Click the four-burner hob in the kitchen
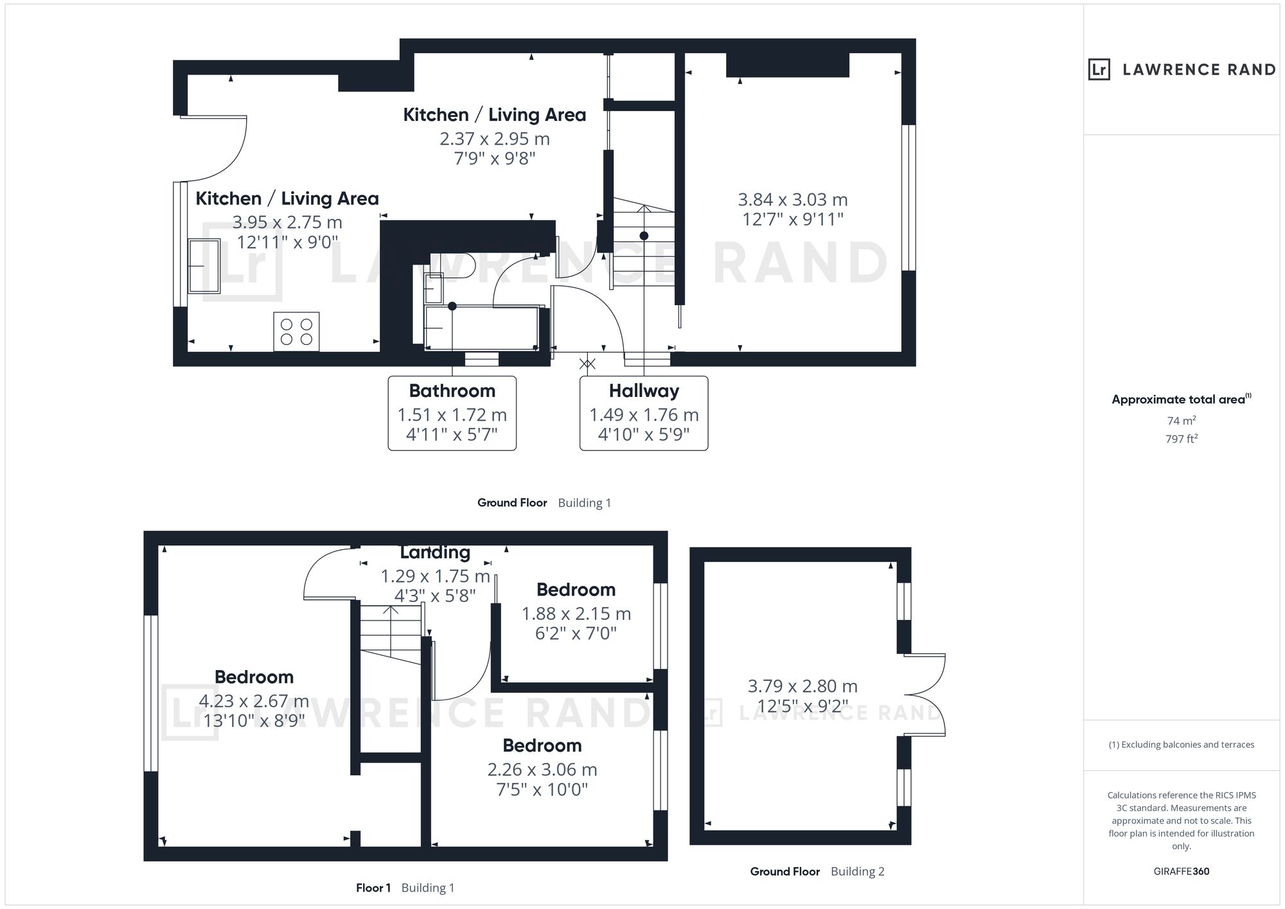click(296, 331)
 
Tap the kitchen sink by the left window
click(204, 266)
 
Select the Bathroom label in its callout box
click(452, 391)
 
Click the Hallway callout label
click(644, 391)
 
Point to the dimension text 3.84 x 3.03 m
click(793, 200)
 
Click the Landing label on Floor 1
click(435, 552)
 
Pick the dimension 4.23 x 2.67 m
click(254, 701)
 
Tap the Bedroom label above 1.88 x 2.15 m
click(576, 590)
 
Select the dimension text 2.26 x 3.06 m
click(542, 770)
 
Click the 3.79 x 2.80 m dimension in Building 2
click(802, 686)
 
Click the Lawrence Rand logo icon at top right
click(1099, 69)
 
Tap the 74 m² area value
click(1182, 421)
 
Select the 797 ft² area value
click(1182, 439)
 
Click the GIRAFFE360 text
click(1182, 872)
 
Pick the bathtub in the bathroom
click(481, 328)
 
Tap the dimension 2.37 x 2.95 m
click(495, 139)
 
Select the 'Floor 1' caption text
click(373, 888)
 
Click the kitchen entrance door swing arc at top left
click(228, 163)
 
